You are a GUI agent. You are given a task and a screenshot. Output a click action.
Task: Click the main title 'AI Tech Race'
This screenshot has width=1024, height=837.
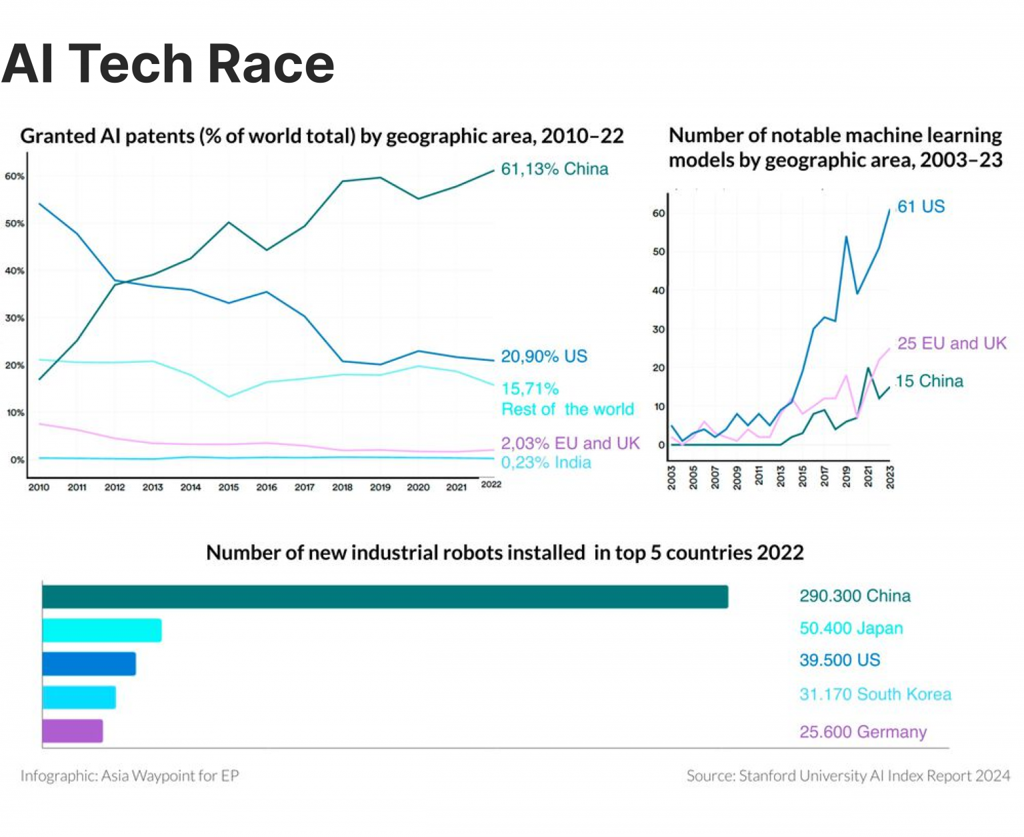pyautogui.click(x=168, y=64)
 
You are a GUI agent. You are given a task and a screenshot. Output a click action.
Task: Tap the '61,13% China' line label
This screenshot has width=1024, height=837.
pyautogui.click(x=554, y=169)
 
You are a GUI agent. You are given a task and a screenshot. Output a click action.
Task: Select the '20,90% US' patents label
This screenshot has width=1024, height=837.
pyautogui.click(x=544, y=357)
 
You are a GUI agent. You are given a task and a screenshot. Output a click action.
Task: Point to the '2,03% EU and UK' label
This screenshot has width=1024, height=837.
pyautogui.click(x=570, y=444)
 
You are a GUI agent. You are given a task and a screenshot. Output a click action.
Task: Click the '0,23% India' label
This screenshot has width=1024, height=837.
pyautogui.click(x=545, y=463)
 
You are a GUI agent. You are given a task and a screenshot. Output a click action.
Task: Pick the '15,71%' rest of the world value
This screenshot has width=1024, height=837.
pyautogui.click(x=529, y=389)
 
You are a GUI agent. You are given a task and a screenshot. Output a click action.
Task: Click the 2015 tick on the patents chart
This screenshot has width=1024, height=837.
pyautogui.click(x=228, y=488)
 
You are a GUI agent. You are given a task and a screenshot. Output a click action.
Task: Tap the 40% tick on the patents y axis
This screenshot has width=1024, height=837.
pyautogui.click(x=15, y=271)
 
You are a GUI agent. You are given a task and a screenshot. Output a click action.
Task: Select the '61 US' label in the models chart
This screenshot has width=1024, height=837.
pyautogui.click(x=921, y=207)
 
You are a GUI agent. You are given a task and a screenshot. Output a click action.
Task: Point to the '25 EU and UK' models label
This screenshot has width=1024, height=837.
pyautogui.click(x=951, y=343)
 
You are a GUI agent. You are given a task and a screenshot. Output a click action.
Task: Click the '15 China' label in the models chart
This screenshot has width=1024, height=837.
pyautogui.click(x=929, y=381)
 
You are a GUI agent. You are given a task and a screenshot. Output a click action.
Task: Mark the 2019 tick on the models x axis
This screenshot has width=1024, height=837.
pyautogui.click(x=847, y=478)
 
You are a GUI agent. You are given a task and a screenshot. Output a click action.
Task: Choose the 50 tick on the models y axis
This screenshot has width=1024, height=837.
pyautogui.click(x=658, y=252)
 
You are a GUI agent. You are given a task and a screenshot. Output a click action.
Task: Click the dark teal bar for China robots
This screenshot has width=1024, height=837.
pyautogui.click(x=385, y=597)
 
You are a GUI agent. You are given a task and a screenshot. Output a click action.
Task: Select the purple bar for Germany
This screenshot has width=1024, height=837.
pyautogui.click(x=72, y=731)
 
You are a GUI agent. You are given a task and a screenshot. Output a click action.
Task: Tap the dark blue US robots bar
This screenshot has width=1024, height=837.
pyautogui.click(x=89, y=664)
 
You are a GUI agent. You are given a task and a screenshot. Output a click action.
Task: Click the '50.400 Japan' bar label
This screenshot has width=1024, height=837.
pyautogui.click(x=851, y=628)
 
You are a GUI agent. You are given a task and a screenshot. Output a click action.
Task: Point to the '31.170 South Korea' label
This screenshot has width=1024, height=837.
pyautogui.click(x=875, y=694)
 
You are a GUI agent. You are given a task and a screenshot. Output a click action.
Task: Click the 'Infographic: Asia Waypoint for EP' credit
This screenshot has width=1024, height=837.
pyautogui.click(x=129, y=776)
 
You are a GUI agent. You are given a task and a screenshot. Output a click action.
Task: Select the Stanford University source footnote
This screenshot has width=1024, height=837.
pyautogui.click(x=848, y=776)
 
